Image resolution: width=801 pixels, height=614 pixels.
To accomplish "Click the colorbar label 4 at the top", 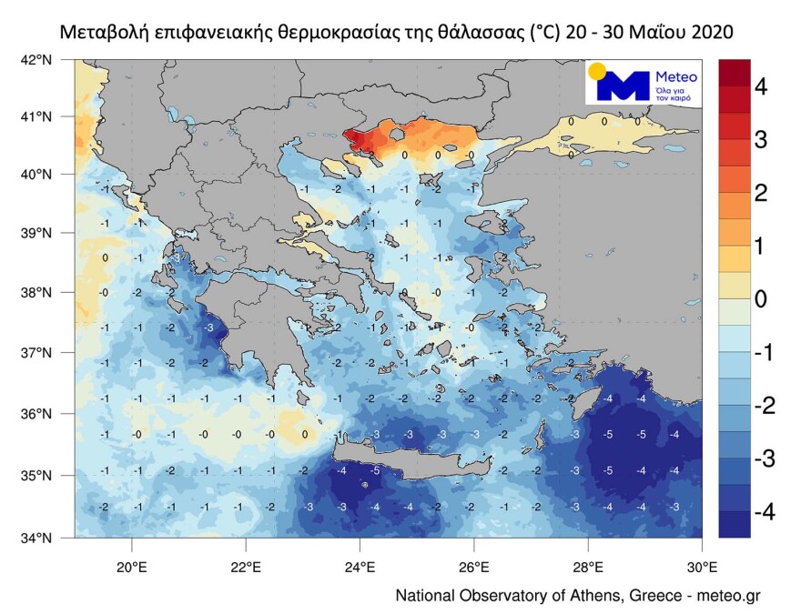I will pos(761,87).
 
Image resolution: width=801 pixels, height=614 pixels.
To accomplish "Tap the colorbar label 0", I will pos(761,299).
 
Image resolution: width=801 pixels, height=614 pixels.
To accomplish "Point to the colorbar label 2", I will pos(761,193).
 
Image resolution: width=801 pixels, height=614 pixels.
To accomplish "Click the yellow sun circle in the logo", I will pos(597,72).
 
